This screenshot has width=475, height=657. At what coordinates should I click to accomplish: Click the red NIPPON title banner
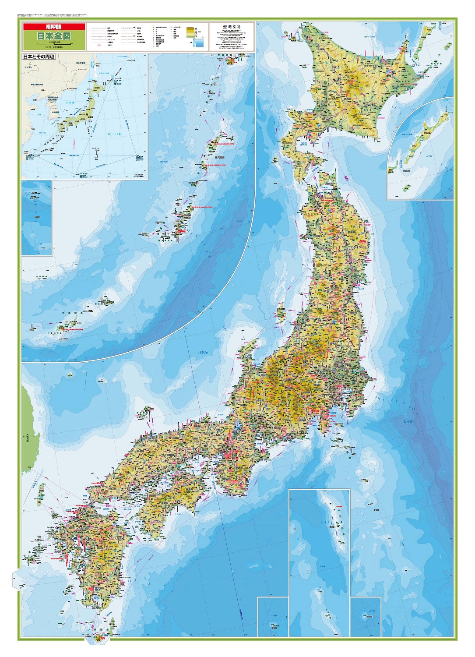(x=53, y=27)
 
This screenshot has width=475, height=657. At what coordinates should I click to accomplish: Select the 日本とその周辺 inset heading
(x=39, y=57)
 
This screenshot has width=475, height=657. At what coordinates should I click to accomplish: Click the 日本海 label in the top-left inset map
(x=70, y=102)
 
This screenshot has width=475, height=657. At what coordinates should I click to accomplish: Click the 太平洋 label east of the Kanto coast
(x=408, y=421)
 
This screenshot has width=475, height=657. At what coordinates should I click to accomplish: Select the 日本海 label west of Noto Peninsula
(x=203, y=352)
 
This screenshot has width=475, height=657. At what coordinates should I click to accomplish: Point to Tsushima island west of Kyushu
(x=41, y=494)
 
